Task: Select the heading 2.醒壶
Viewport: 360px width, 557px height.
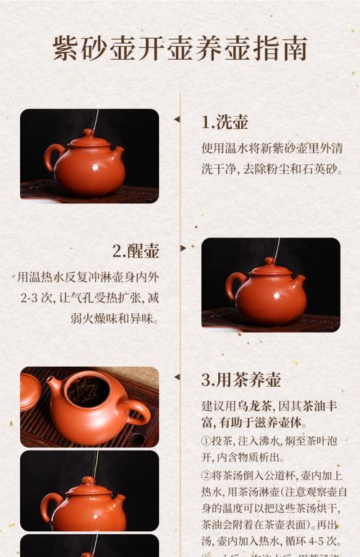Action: (x=135, y=250)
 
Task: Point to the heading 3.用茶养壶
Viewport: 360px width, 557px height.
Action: (x=241, y=379)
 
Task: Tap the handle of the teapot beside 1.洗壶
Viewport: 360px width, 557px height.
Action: (x=53, y=156)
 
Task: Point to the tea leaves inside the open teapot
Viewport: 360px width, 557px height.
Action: (x=87, y=392)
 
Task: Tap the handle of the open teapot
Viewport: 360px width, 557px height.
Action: (x=136, y=413)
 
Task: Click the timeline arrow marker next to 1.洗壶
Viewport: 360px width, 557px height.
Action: (x=177, y=119)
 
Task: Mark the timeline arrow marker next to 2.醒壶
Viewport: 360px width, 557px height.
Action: (x=183, y=248)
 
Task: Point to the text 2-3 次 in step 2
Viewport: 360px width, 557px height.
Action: (x=33, y=297)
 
